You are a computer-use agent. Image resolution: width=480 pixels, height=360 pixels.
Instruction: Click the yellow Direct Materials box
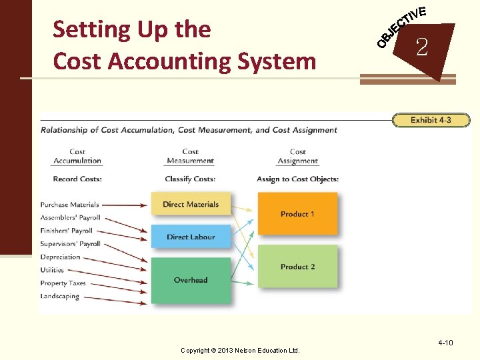[x=191, y=204]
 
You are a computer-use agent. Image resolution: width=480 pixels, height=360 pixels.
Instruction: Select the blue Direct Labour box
[x=191, y=237]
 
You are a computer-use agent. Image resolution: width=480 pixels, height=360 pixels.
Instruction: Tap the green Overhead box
[x=191, y=280]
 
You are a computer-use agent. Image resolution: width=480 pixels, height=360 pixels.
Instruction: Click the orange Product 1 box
[x=297, y=214]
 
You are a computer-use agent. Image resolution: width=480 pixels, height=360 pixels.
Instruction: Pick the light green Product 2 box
[x=297, y=267]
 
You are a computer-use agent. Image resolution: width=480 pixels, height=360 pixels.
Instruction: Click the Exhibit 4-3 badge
[x=431, y=121]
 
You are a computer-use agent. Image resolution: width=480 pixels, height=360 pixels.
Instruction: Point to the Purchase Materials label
[x=69, y=205]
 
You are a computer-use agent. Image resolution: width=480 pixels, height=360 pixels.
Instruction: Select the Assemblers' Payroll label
[x=69, y=218]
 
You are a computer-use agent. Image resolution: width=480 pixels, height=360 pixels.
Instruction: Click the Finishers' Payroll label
[x=66, y=231]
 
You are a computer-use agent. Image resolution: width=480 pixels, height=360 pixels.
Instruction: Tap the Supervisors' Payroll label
[x=70, y=244]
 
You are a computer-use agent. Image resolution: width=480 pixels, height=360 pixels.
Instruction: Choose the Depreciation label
[x=60, y=257]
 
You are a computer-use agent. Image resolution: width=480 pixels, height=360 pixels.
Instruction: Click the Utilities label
[x=52, y=270]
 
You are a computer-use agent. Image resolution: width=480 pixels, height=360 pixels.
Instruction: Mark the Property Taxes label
[x=63, y=283]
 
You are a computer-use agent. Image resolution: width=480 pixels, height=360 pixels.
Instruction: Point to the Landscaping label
[x=59, y=297]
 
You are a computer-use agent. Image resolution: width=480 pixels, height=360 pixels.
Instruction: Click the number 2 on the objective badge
[x=421, y=47]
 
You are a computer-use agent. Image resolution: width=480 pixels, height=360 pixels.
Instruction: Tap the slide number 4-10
[x=445, y=343]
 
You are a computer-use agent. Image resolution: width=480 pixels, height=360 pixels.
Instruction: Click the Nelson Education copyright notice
[x=241, y=350]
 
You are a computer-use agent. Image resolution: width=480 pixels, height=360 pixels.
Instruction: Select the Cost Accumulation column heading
[x=77, y=156]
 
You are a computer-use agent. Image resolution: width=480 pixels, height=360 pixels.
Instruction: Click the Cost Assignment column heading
[x=298, y=156]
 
